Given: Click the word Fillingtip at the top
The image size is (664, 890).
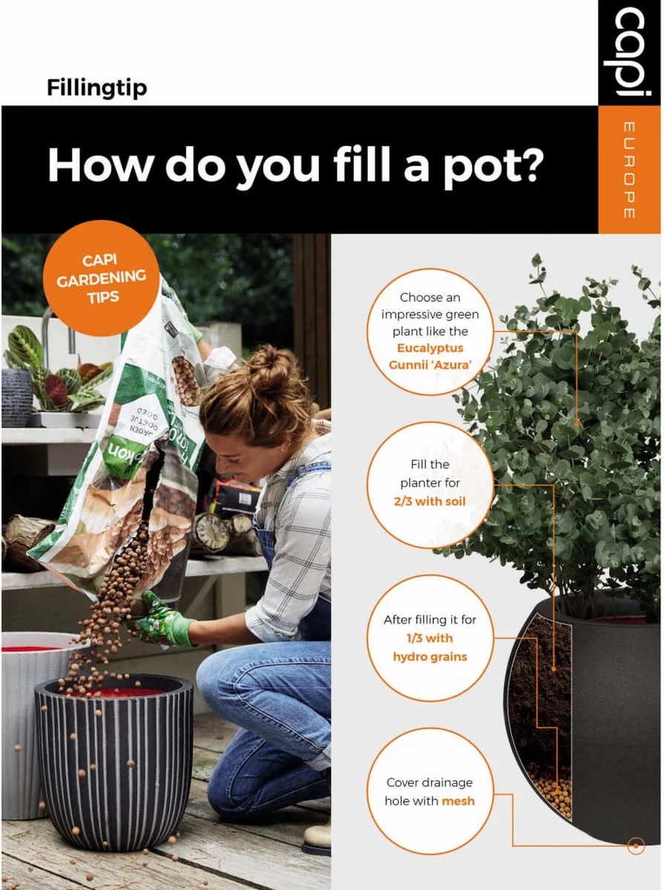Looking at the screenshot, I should click(x=96, y=88).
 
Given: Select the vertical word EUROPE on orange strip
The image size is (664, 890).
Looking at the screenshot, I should click(x=629, y=170).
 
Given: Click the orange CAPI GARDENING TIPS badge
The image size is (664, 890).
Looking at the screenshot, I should click(x=101, y=278).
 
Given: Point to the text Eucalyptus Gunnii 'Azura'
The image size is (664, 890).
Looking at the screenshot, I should click(x=430, y=356).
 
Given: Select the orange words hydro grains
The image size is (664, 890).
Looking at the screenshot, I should click(x=430, y=656).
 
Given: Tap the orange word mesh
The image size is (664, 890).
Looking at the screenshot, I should click(x=458, y=800).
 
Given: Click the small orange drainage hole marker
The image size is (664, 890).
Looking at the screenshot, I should click(x=635, y=845).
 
